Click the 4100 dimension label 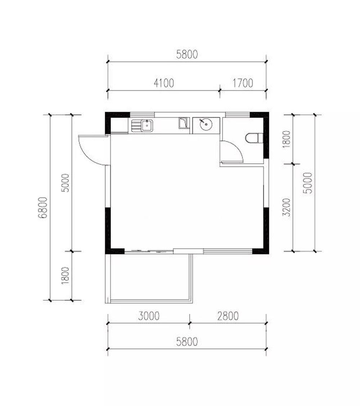tap(164, 83)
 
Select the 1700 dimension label tap(243, 83)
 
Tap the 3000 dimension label tap(149, 316)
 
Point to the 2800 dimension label tap(228, 316)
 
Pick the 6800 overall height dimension tap(43, 207)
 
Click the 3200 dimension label tap(287, 207)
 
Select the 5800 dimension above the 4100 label tap(187, 54)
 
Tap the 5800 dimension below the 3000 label tap(187, 342)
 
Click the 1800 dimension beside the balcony tap(65, 275)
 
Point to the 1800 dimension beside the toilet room tap(287, 139)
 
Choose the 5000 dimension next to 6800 tap(65, 183)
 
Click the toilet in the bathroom tap(254, 138)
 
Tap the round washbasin tap(206, 124)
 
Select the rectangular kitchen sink tap(142, 126)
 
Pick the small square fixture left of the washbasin tap(183, 123)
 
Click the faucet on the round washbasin tap(202, 121)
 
